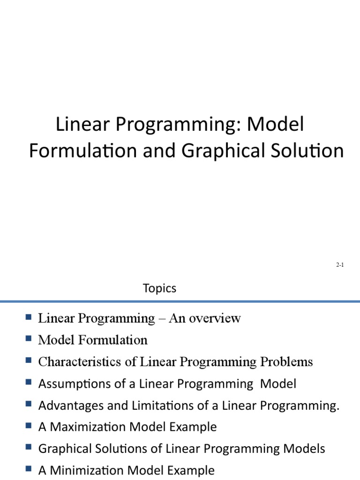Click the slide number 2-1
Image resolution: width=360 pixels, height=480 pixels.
340,265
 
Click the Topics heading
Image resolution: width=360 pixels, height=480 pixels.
160,288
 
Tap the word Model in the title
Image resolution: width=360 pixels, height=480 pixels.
276,125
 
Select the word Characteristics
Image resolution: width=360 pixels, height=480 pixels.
75,362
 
